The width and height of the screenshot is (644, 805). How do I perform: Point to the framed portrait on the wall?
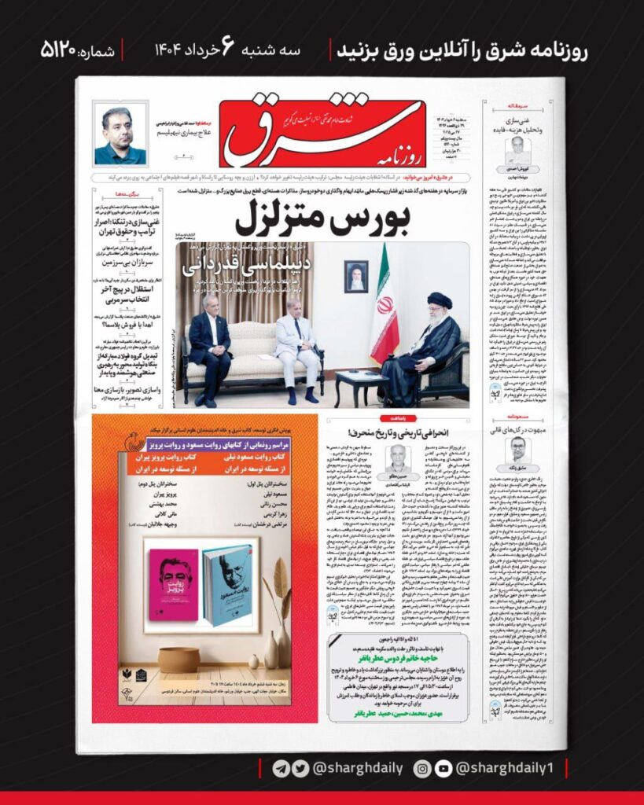355,276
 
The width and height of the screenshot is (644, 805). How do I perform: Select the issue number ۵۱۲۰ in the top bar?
69,51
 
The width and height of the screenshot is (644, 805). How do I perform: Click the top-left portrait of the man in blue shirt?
120,134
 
